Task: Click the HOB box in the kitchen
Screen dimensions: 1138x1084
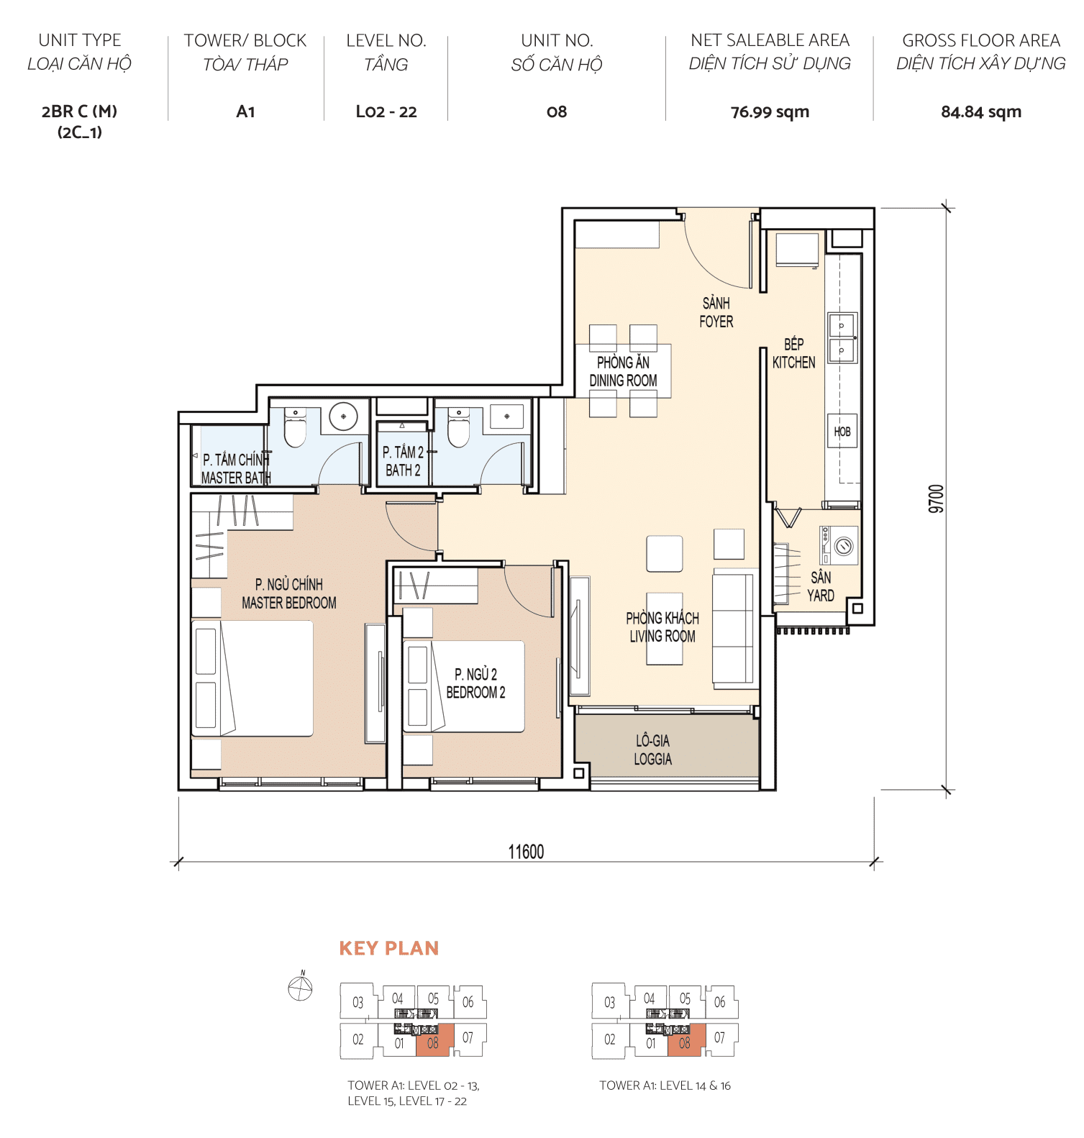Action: pos(842,432)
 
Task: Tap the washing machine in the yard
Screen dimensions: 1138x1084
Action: pos(839,545)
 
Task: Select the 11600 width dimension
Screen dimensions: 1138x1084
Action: pos(526,852)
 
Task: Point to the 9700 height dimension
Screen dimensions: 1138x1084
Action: pos(936,499)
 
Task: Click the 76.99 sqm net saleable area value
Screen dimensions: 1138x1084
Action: pos(770,112)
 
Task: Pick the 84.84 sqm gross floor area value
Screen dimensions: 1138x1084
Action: pos(980,112)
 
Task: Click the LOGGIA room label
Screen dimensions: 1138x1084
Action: pos(652,750)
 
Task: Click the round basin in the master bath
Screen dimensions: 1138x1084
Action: pos(343,416)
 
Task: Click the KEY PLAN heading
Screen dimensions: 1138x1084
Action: pos(388,948)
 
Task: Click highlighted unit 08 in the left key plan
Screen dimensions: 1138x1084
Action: pos(434,1041)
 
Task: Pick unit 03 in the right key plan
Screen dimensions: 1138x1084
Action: pos(609,1002)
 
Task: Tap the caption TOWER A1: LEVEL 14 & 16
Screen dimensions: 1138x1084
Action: pos(665,1085)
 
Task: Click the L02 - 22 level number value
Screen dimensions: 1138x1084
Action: pos(386,112)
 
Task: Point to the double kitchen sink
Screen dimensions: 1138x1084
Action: pos(842,338)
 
